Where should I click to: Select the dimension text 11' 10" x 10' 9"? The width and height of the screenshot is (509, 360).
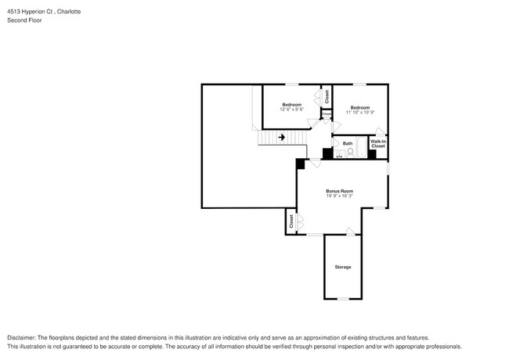tap(359, 112)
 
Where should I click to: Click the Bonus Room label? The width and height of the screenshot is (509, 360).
tap(340, 191)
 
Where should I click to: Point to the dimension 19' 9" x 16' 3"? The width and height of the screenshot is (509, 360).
tap(340, 196)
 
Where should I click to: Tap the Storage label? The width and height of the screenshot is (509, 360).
tap(343, 267)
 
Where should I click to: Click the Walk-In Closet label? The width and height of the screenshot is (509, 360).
tap(377, 144)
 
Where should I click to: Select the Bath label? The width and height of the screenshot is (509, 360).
tap(347, 143)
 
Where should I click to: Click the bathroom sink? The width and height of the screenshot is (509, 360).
tap(339, 154)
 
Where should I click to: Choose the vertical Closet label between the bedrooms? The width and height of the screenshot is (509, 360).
tap(327, 96)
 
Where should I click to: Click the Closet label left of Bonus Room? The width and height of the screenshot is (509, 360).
tap(291, 221)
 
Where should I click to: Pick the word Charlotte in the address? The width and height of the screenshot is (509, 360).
tap(69, 13)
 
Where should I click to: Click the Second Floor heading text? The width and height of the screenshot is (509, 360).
tap(24, 20)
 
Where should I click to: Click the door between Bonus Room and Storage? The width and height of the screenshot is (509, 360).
tap(350, 231)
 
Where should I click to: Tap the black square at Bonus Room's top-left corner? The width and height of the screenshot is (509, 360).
tap(300, 164)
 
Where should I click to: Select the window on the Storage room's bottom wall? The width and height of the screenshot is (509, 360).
tap(343, 299)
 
